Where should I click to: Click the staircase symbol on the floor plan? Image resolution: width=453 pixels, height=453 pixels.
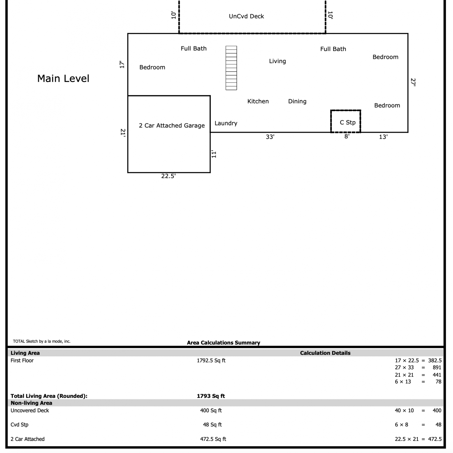coord(231,68)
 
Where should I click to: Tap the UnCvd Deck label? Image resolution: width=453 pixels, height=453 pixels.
coord(246,16)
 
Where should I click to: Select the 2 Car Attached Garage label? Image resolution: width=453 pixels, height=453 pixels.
coord(172,125)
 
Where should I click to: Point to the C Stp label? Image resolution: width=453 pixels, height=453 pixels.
coord(348,122)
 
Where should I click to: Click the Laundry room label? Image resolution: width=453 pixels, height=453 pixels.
coord(226,123)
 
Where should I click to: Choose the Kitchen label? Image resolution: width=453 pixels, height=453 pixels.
coord(258,101)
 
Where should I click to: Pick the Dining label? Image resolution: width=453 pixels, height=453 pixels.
coord(297,101)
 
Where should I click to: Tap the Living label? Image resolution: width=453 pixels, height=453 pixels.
coord(278,61)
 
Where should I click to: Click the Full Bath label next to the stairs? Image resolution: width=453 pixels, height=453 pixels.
coord(194,48)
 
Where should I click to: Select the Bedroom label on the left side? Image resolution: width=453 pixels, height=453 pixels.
coord(152,67)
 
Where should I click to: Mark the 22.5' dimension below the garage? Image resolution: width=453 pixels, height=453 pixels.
coord(169,176)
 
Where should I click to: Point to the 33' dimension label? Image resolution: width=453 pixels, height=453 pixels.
coord(270,137)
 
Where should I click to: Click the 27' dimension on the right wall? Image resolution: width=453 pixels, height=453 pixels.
coord(413,82)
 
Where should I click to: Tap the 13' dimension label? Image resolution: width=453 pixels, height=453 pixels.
coord(383,137)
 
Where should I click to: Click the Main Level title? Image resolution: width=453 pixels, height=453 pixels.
coord(63,79)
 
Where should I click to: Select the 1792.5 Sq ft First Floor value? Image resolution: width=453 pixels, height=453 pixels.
coord(211,360)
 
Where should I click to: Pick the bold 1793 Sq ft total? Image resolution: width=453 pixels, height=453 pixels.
coord(211,396)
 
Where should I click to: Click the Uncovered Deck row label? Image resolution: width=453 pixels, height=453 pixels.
coord(30,410)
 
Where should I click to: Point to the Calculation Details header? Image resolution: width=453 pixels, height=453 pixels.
coord(325,353)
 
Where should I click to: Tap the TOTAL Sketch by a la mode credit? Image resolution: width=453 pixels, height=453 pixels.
coord(42,341)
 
